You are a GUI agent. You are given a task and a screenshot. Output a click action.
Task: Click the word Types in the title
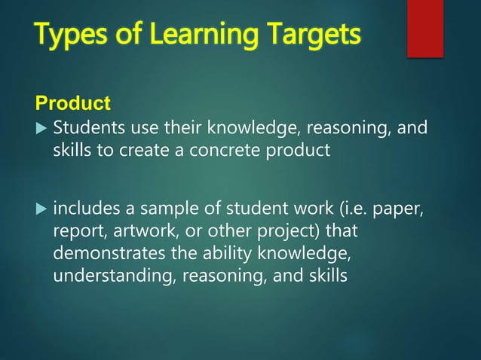(68, 35)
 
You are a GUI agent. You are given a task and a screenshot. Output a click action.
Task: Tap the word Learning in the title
(174, 35)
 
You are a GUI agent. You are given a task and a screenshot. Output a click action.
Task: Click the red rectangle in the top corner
(425, 29)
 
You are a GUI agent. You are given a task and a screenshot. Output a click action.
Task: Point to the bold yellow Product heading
(73, 102)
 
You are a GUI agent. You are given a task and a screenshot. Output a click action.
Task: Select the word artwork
(135, 229)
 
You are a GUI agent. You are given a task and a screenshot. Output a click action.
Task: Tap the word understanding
(111, 276)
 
